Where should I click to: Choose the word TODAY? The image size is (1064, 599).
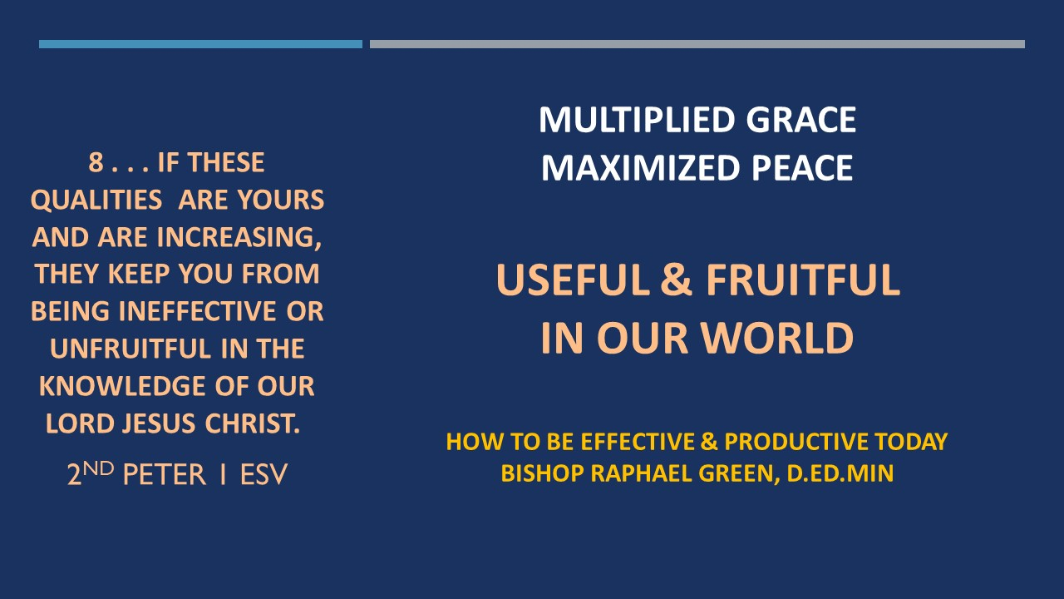pyautogui.click(x=912, y=442)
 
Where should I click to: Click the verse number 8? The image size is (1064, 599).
pyautogui.click(x=96, y=162)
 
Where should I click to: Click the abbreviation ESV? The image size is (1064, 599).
pyautogui.click(x=264, y=474)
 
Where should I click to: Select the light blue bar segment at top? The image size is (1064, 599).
pyautogui.click(x=200, y=44)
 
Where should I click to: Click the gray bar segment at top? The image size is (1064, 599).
pyautogui.click(x=697, y=44)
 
